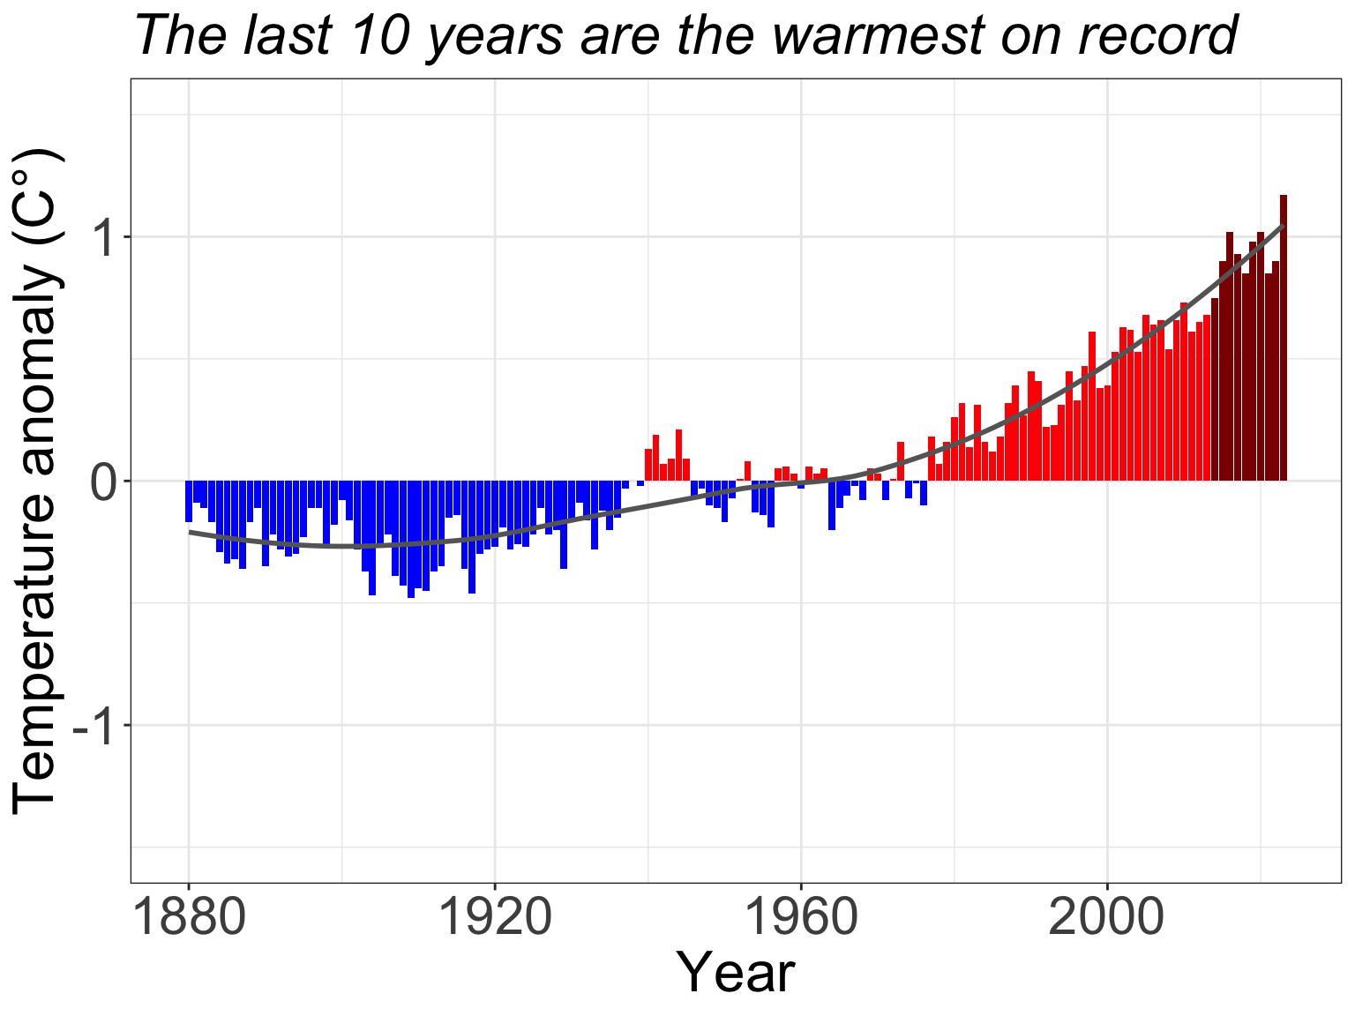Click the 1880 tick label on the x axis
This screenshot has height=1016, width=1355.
(x=189, y=919)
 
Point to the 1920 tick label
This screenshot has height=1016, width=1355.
(x=495, y=919)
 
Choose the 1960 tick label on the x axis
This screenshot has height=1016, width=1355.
(x=801, y=919)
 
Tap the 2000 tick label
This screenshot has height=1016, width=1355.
(x=1107, y=919)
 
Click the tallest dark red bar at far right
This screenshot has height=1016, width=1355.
(x=1284, y=335)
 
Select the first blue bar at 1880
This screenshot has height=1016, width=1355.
(x=189, y=501)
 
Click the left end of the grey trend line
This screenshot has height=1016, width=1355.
(x=190, y=532)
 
